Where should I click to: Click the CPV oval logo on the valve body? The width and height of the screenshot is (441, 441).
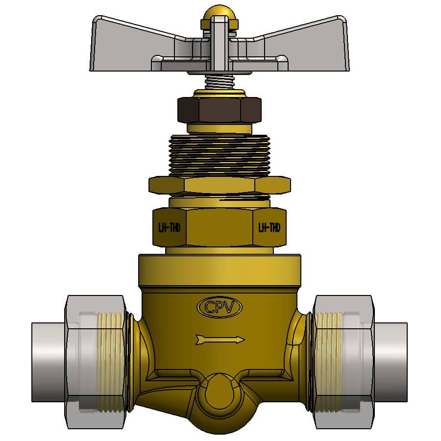(x=220, y=307)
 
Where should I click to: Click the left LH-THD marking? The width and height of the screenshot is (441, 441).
(x=169, y=228)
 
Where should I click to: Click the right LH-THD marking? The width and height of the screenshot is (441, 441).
(x=269, y=228)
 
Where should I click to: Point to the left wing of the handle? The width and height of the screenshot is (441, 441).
(x=132, y=42)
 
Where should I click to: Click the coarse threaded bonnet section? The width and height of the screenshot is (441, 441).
(x=219, y=154)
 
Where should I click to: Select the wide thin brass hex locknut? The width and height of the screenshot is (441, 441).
(x=219, y=185)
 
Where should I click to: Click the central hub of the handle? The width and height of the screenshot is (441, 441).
(x=219, y=47)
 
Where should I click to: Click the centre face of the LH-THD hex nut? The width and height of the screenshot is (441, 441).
(x=219, y=228)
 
